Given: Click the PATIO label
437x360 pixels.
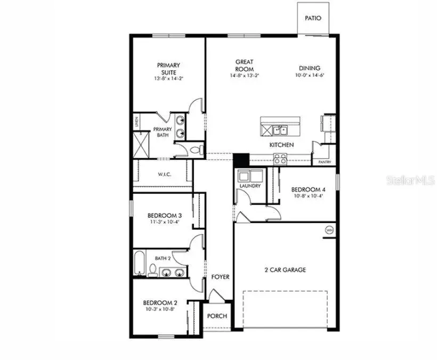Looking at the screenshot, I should (x=313, y=18).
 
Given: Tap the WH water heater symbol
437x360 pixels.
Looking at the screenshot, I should (x=329, y=230).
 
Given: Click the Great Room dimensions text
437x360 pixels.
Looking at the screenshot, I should (x=244, y=76).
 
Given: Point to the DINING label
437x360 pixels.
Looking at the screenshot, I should (x=309, y=68).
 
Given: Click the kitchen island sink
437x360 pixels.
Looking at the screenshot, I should (x=279, y=130).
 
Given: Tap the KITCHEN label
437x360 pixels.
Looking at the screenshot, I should (x=281, y=145).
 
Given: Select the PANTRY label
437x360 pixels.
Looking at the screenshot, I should (x=324, y=162).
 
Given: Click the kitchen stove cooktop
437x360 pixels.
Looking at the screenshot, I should (x=280, y=157).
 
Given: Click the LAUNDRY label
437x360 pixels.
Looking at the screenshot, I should (x=250, y=186).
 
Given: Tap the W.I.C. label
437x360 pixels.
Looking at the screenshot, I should (x=164, y=174).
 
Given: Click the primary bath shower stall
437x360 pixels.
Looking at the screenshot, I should (x=142, y=144).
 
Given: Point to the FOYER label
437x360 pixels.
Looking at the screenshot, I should (x=220, y=277).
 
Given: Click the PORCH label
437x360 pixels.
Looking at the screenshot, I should (x=217, y=316).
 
